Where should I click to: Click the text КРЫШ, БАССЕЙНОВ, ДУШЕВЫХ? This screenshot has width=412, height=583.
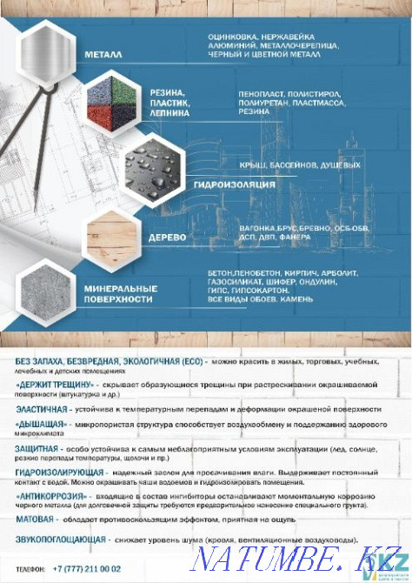pos(287,164)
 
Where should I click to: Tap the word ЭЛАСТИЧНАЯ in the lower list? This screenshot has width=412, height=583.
pos(43,408)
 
